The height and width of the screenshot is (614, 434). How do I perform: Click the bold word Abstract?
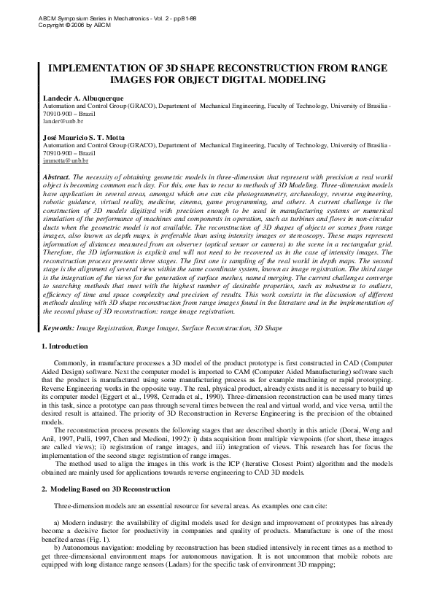[57, 177]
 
